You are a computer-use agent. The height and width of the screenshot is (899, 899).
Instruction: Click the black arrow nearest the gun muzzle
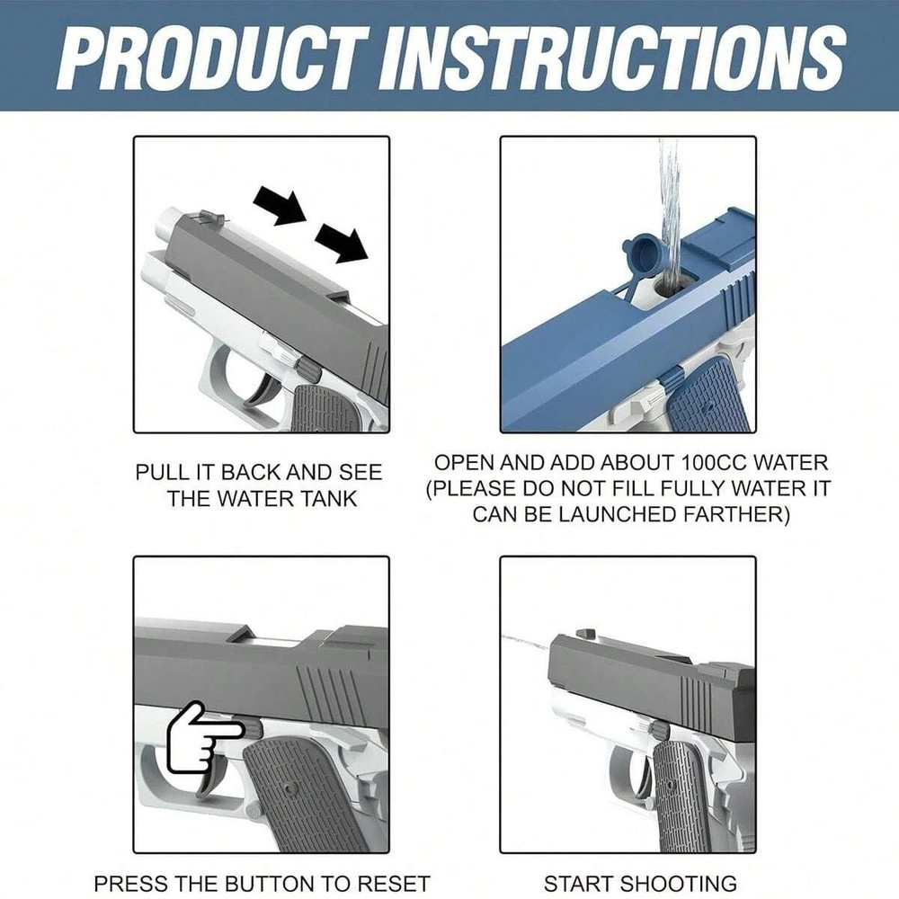(x=279, y=206)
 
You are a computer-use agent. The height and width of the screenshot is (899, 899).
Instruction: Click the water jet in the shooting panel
(x=526, y=642)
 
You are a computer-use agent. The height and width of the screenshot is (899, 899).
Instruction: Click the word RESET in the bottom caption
(x=391, y=884)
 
